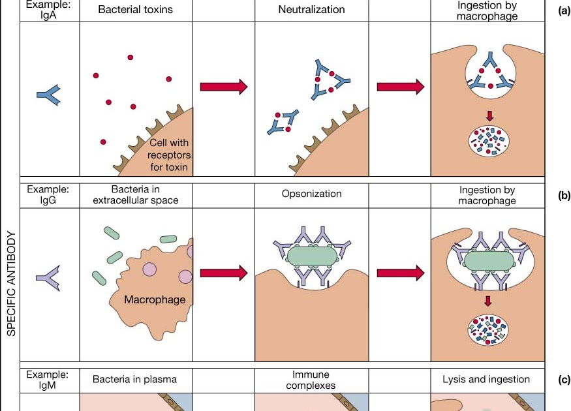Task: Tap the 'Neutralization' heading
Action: point(311,10)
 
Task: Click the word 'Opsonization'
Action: point(311,194)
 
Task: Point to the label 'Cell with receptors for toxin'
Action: point(168,155)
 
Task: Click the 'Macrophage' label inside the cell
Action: point(155,300)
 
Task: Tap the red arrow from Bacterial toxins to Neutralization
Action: point(223,87)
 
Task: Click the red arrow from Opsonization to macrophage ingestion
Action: point(400,272)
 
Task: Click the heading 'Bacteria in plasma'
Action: point(134,379)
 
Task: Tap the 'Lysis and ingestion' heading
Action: point(486,379)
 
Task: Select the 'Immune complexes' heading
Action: point(311,380)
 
